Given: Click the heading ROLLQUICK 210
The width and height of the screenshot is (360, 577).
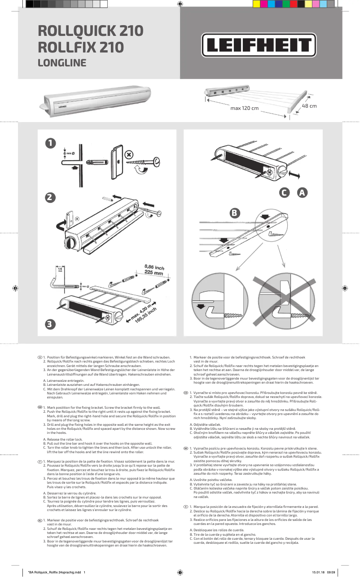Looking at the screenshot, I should click(x=91, y=31).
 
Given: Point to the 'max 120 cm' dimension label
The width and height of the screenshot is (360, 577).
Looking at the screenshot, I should click(x=245, y=109).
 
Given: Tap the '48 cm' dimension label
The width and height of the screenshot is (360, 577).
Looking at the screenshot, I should click(x=309, y=106).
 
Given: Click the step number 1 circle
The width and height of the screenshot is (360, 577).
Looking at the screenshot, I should click(x=51, y=143).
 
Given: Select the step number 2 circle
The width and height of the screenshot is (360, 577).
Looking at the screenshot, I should click(x=51, y=197).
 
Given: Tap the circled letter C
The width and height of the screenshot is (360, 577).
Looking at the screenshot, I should click(x=284, y=193).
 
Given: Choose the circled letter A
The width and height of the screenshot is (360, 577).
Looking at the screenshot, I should click(x=302, y=193).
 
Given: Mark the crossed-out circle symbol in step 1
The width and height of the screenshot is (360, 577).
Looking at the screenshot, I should click(x=129, y=155).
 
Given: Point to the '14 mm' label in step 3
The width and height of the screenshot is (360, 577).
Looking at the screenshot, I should click(x=60, y=270).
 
